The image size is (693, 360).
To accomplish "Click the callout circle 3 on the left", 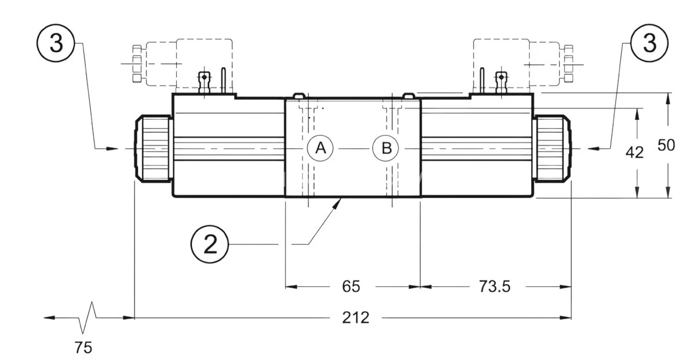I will click(56, 44).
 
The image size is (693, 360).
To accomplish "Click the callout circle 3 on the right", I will click(650, 44).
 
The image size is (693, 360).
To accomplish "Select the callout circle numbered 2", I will click(210, 245).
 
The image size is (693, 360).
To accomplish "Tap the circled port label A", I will click(320, 148).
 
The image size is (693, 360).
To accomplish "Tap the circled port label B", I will click(386, 148).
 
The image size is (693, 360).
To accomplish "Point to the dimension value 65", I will click(351, 286).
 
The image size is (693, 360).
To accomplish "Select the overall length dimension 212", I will click(355, 318).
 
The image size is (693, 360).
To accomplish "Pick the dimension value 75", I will click(83, 348).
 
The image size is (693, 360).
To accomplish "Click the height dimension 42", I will click(635, 152).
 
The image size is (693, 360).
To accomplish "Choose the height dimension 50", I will click(666, 145).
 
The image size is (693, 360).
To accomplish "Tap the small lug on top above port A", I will click(299, 95).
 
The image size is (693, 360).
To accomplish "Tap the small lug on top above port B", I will click(408, 95).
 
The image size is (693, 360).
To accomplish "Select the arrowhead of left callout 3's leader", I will click(113, 149).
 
